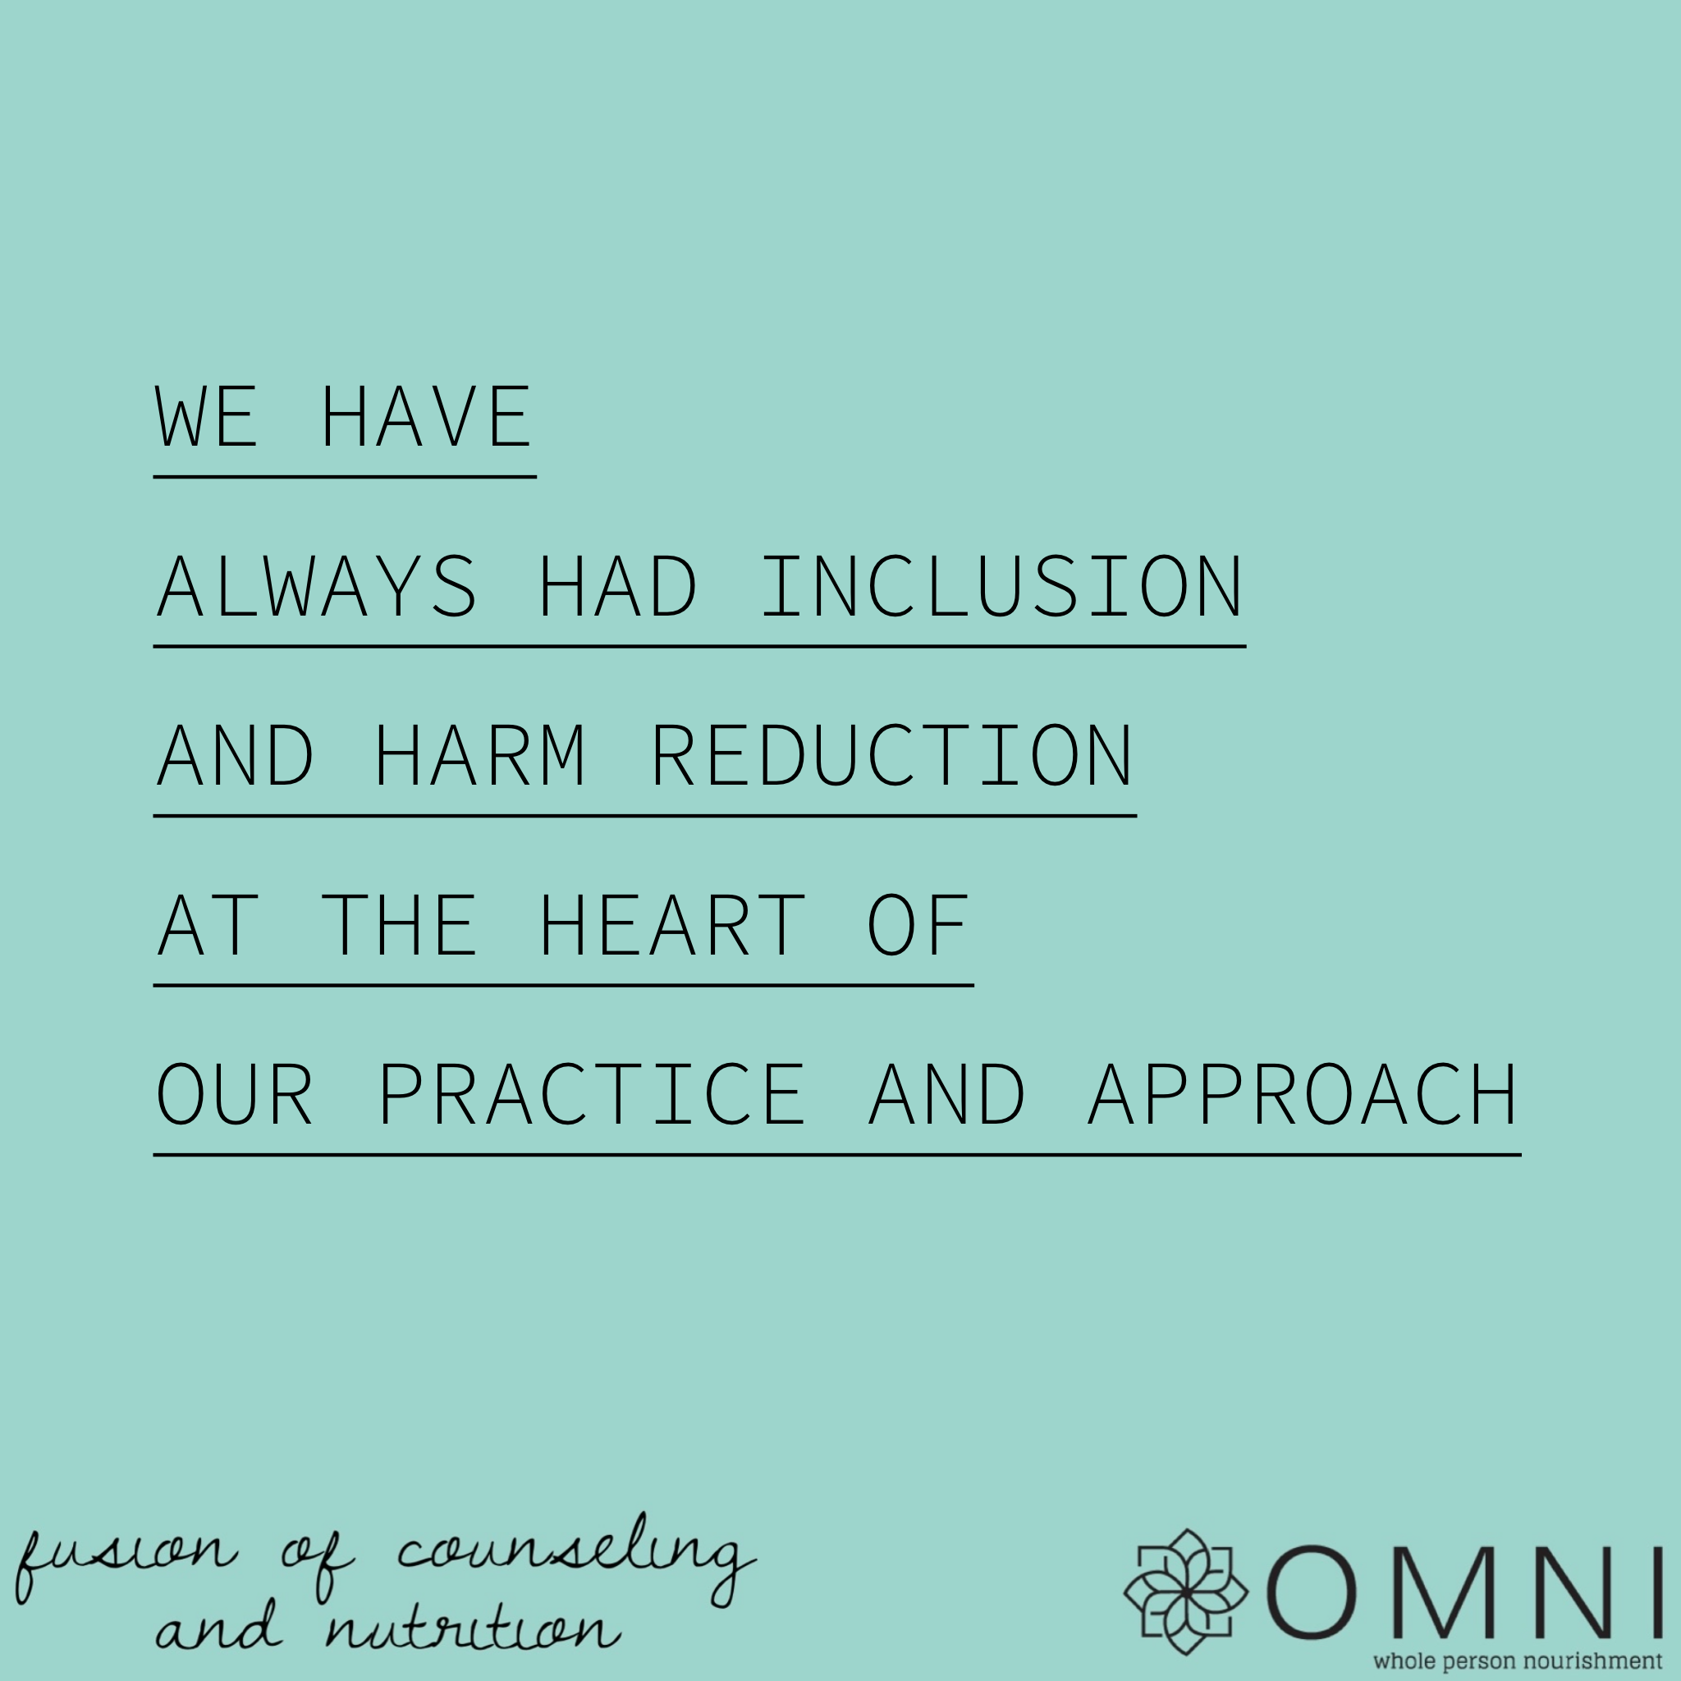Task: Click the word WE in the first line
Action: [207, 417]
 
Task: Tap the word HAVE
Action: [425, 417]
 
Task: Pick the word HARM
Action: [479, 755]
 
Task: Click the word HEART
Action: [671, 925]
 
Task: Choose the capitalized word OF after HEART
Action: [918, 925]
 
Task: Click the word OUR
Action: [234, 1095]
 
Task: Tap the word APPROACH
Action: [1303, 1095]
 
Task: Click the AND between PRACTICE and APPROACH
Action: [946, 1095]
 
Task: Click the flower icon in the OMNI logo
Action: [1186, 1592]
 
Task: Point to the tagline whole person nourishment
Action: [1517, 1660]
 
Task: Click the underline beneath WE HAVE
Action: [345, 477]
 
